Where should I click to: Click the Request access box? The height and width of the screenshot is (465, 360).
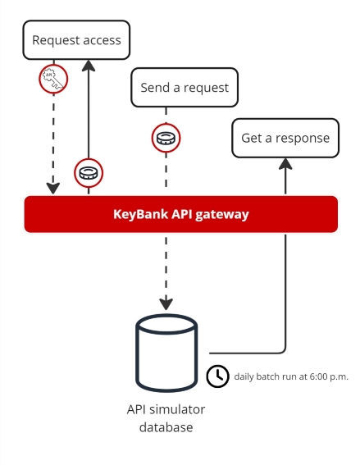pyautogui.click(x=76, y=40)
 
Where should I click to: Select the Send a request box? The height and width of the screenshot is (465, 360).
pyautogui.click(x=185, y=88)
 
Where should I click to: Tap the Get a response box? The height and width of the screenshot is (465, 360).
pyautogui.click(x=285, y=138)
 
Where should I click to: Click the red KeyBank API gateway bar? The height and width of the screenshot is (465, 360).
pyautogui.click(x=180, y=214)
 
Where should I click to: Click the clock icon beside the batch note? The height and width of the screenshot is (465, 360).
pyautogui.click(x=217, y=376)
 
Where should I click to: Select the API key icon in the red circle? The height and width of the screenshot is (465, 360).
pyautogui.click(x=53, y=80)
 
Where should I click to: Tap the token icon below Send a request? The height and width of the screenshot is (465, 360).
pyautogui.click(x=166, y=137)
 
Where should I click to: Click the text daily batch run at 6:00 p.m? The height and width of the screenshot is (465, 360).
pyautogui.click(x=291, y=376)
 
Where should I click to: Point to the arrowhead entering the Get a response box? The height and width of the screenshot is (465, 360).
pyautogui.click(x=285, y=164)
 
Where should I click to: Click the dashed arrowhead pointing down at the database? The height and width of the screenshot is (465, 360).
pyautogui.click(x=166, y=303)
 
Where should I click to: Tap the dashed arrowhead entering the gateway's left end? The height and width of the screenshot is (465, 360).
pyautogui.click(x=53, y=188)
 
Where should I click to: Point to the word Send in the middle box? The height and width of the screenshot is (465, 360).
pyautogui.click(x=156, y=88)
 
